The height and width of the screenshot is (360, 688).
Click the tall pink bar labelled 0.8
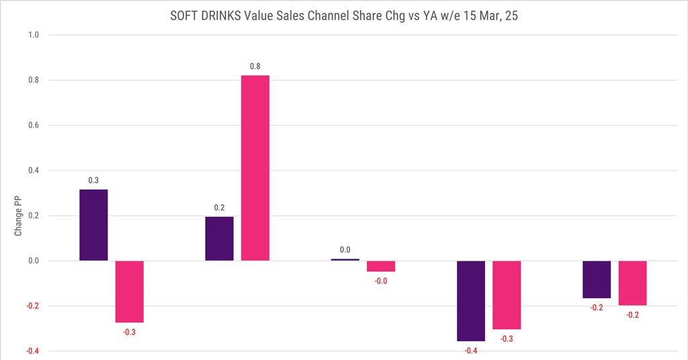coord(255,168)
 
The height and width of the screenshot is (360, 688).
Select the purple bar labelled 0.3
coord(93,225)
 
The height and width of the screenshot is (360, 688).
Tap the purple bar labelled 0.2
coord(219,238)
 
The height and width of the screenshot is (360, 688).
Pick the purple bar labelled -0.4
coord(471,300)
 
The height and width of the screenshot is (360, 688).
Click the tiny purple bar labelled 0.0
coord(345,259)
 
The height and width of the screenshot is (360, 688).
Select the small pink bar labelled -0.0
coord(381,266)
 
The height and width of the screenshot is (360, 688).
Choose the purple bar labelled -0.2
coord(597,279)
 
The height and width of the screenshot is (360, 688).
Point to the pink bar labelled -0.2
coord(632,283)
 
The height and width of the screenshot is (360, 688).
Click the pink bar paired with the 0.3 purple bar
coord(130,291)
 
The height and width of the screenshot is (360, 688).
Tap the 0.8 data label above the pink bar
coord(255,66)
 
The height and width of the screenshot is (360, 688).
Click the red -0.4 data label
coord(471,351)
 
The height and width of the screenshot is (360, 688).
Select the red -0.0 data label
coord(381,281)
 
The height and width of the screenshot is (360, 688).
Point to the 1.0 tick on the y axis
coord(33,35)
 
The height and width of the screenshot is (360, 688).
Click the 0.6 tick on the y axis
coord(33,126)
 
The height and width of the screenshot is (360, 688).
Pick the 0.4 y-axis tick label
coord(33,171)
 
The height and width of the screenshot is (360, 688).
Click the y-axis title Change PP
coord(18,216)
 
